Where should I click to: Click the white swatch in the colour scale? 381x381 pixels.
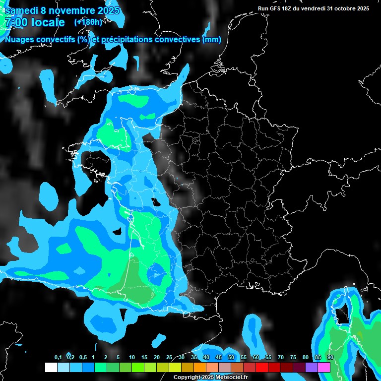pyautogui.click(x=51, y=367)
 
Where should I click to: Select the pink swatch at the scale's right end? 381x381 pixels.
pyautogui.click(x=324, y=367)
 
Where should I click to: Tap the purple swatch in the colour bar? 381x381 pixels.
pyautogui.click(x=312, y=367)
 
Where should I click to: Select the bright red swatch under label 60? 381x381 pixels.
pyautogui.click(x=262, y=367)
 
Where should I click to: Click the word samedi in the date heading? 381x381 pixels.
pyautogui.click(x=23, y=10)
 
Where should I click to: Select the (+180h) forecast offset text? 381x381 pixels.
pyautogui.click(x=88, y=22)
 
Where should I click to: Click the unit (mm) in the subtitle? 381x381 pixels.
pyautogui.click(x=212, y=40)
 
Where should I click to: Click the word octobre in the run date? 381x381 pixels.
pyautogui.click(x=345, y=8)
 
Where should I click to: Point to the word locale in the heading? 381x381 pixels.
pyautogui.click(x=48, y=22)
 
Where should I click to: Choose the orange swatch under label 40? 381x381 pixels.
pyautogui.click(x=200, y=367)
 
